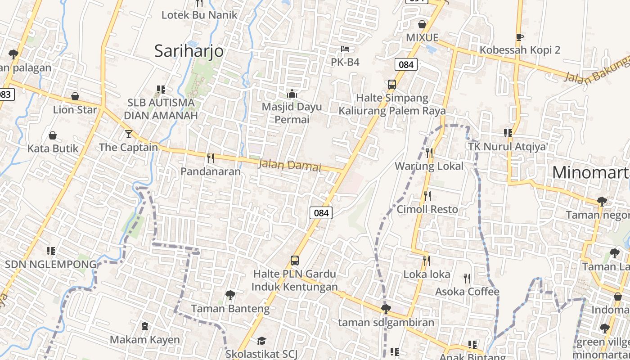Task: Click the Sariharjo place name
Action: point(189,51)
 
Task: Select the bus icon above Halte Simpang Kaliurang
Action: point(392,84)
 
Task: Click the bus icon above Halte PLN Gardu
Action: point(295,261)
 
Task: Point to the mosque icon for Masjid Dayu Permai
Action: point(292,94)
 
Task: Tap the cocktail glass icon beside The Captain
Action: point(129,134)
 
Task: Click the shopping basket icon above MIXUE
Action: point(422,24)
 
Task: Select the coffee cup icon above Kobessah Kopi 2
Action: point(520,37)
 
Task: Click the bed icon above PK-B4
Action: point(345,49)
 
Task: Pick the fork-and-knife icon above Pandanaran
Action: point(210,158)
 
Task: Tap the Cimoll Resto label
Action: point(427,209)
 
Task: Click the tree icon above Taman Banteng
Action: point(230,295)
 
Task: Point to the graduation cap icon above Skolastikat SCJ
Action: point(261,341)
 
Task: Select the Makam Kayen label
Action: point(144,339)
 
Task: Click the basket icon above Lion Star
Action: point(75,96)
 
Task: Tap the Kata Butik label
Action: point(53,148)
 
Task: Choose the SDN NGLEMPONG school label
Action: point(50,264)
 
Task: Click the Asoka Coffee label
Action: point(467,292)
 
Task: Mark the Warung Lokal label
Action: point(429,166)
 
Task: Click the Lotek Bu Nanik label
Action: point(199,15)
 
